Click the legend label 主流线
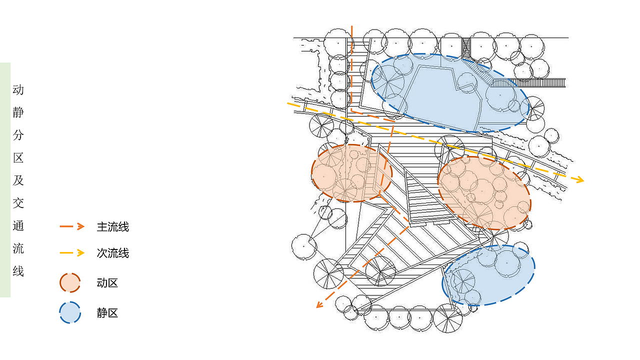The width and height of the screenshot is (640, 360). click(113, 227)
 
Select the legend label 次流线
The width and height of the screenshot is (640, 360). click(113, 253)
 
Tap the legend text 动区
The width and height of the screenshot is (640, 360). click(107, 283)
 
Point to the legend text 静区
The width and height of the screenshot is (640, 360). click(107, 313)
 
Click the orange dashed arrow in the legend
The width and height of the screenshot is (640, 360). click(72, 226)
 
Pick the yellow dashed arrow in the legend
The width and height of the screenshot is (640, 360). click(72, 253)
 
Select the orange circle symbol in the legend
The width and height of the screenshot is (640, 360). click(70, 283)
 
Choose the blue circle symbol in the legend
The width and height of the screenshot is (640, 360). click(70, 312)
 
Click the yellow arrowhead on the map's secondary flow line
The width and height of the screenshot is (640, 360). click(579, 179)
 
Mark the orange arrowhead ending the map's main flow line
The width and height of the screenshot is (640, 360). click(320, 304)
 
